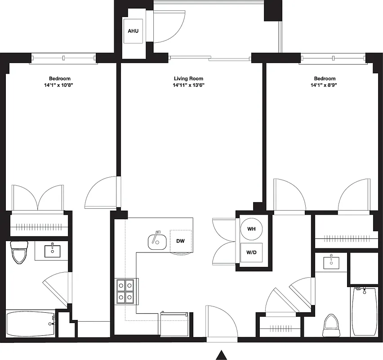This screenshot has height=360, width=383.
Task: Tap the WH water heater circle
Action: (251, 229)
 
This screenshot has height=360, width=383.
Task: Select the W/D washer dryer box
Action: (251, 252)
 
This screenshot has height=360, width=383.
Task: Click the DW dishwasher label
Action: (181, 241)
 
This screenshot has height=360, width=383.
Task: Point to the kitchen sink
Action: (157, 242)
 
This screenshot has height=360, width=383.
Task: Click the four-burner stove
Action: (126, 291)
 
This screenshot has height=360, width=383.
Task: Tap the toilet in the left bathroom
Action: (19, 252)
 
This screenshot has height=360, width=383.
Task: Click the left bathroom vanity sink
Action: (53, 250)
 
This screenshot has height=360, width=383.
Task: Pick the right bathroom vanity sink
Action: (332, 261)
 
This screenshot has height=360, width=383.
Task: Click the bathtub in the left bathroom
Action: (30, 323)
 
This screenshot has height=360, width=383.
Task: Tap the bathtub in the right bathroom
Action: (364, 311)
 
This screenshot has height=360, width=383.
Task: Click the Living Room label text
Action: (188, 79)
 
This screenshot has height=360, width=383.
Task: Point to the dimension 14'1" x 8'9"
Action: (325, 85)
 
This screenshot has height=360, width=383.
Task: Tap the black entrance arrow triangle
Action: (221, 355)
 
